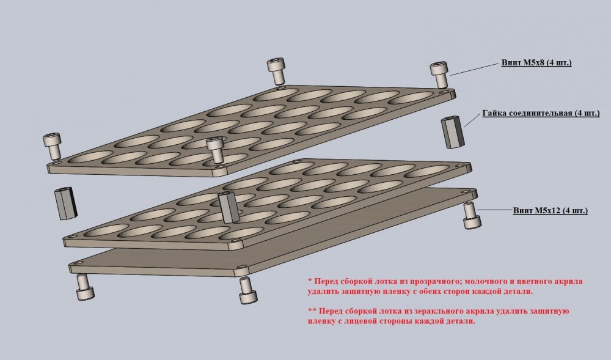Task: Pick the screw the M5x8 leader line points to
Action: [x=439, y=75]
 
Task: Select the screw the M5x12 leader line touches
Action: [x=472, y=216]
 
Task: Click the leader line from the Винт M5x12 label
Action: [x=496, y=210]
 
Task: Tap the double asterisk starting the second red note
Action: [x=312, y=310]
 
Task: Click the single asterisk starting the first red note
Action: [x=310, y=281]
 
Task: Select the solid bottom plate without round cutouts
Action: [x=273, y=233]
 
